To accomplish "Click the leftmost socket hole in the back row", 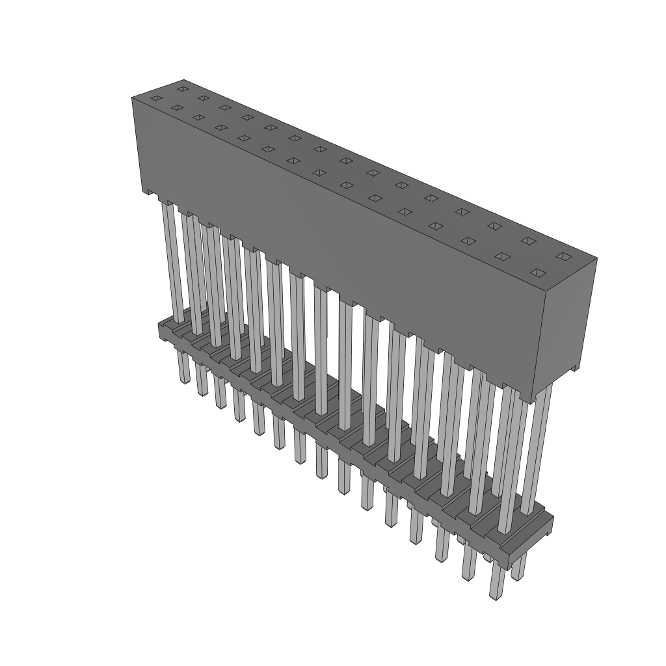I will (183, 88).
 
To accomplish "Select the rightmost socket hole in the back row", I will (563, 257).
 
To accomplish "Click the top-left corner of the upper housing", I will (133, 97).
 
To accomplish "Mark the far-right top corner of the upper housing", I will (596, 258).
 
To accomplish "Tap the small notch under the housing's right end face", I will (572, 369).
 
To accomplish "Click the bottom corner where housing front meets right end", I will (533, 402).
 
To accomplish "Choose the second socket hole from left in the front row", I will (176, 107).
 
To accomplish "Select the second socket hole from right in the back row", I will (528, 241).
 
